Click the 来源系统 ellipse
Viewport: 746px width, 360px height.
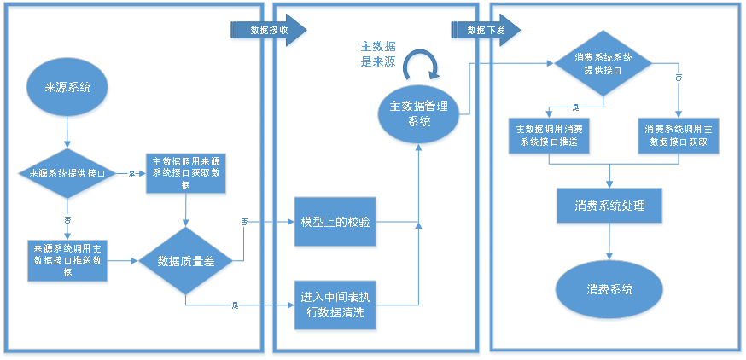[x=67, y=87]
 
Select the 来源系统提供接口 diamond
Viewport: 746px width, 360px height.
[x=67, y=173]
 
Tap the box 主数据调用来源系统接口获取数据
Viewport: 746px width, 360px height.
[x=187, y=175]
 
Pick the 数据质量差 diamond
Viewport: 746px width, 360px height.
[x=186, y=262]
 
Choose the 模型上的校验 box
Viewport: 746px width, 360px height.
[x=335, y=224]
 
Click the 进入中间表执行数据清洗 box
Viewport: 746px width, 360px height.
[x=335, y=305]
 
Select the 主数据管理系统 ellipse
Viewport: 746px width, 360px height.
[x=418, y=113]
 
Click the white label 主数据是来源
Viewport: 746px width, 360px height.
[x=377, y=54]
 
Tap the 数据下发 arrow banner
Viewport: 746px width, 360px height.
[x=487, y=30]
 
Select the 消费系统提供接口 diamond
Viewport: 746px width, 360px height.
[x=603, y=64]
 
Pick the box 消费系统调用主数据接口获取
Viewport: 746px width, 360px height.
[x=679, y=136]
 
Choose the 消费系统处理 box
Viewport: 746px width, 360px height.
[x=609, y=206]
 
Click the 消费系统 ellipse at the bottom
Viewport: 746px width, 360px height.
[x=609, y=290]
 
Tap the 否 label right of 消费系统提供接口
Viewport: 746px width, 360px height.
[x=679, y=78]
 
